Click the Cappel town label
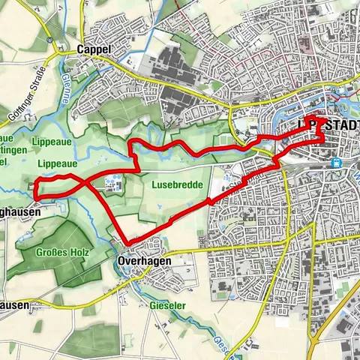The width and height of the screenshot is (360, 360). pyautogui.click(x=93, y=49)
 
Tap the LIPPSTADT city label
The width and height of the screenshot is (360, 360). pyautogui.click(x=329, y=123)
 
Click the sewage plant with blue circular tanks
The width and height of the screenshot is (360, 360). pyautogui.click(x=112, y=181)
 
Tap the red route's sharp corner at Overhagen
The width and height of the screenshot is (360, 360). pyautogui.click(x=127, y=241)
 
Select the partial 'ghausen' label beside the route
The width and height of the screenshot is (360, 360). pyautogui.click(x=15, y=211)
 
